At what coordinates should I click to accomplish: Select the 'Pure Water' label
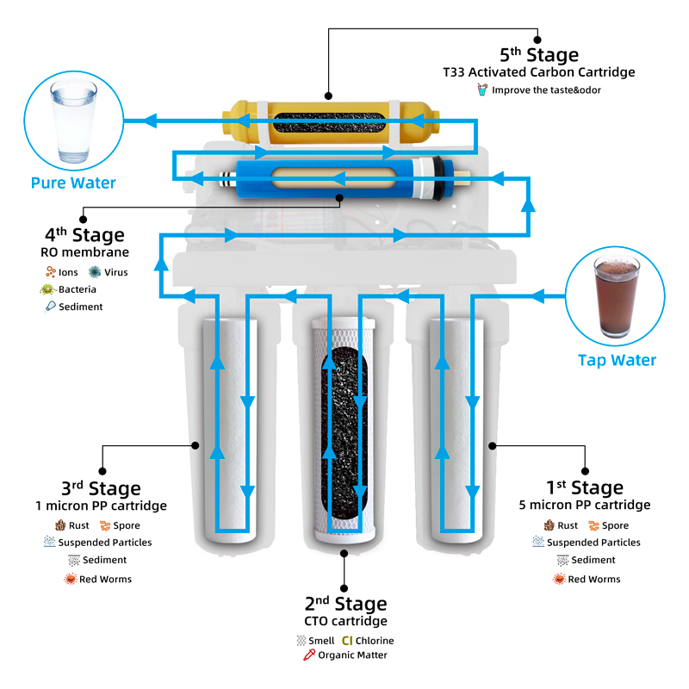pos(73,183)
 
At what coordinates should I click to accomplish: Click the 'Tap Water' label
pos(617,361)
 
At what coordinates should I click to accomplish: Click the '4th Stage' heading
pos(84,235)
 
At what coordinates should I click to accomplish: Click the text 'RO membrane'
pos(84,252)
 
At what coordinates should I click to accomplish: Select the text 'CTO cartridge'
pos(345,621)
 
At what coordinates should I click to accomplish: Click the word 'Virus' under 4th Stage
pos(115,272)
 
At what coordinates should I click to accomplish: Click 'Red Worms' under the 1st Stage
pos(594,580)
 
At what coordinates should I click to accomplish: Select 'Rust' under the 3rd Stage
pos(78,525)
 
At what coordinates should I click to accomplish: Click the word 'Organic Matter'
pos(352,655)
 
